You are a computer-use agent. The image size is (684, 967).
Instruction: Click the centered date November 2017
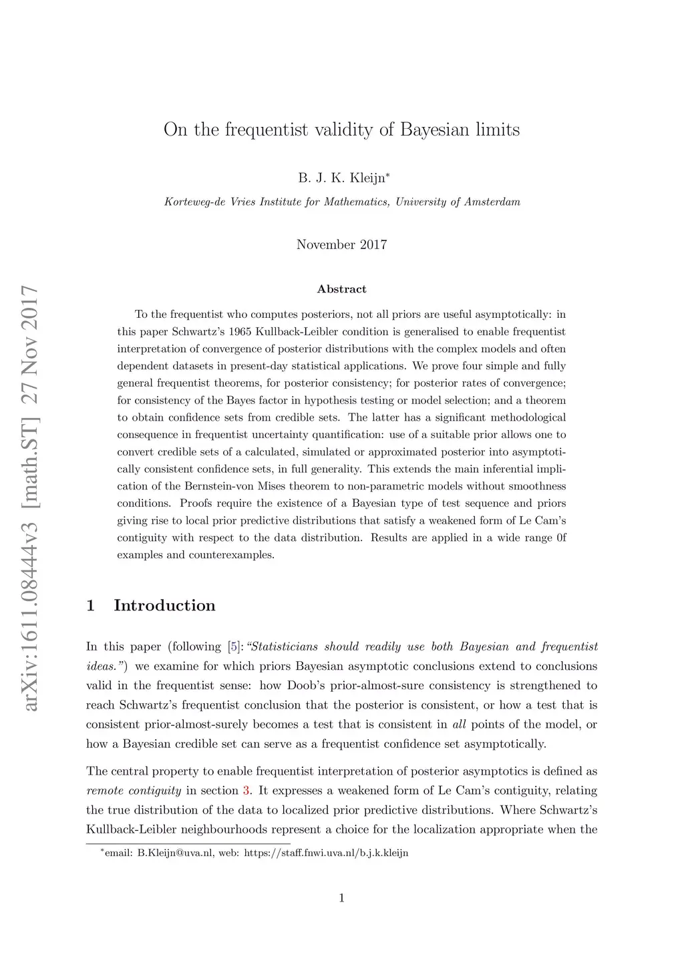(x=341, y=244)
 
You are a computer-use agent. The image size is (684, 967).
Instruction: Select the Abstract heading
(x=341, y=289)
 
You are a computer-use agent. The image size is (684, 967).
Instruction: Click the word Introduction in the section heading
(x=164, y=606)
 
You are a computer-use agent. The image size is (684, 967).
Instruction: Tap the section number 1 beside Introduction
(x=91, y=606)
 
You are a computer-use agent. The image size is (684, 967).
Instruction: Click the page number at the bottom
(x=341, y=898)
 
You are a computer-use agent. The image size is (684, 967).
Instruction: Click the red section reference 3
(x=246, y=791)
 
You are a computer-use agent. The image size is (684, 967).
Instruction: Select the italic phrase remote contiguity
(x=134, y=791)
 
